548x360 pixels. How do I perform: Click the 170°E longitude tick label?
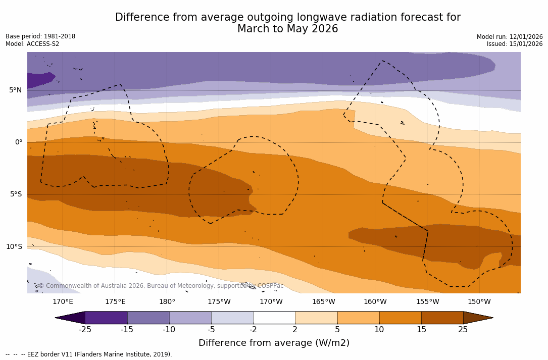click(x=63, y=302)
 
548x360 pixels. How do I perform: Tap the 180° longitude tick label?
click(x=167, y=302)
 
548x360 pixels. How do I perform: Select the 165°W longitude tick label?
click(x=323, y=302)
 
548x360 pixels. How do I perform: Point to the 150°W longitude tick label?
click(x=479, y=302)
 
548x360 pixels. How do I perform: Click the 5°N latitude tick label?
click(x=15, y=90)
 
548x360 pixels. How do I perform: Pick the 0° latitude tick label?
click(x=18, y=142)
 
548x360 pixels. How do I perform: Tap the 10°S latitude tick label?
click(x=14, y=247)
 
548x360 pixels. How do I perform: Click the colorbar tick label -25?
click(x=85, y=330)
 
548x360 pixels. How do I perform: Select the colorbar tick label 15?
click(x=421, y=330)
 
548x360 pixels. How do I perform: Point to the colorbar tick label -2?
click(x=253, y=330)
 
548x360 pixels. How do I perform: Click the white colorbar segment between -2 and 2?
click(x=274, y=318)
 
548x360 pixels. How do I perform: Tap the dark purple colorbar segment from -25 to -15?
click(x=106, y=318)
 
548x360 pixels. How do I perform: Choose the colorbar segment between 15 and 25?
click(x=442, y=318)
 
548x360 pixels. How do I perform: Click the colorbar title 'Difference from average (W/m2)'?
click(x=274, y=343)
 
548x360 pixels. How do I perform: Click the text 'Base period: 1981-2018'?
click(x=40, y=36)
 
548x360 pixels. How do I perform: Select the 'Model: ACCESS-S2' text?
click(x=32, y=44)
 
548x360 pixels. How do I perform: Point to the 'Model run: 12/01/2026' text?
click(x=510, y=37)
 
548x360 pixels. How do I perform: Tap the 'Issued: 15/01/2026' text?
click(x=515, y=44)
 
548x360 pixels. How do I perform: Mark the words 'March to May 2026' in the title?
click(x=287, y=29)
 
